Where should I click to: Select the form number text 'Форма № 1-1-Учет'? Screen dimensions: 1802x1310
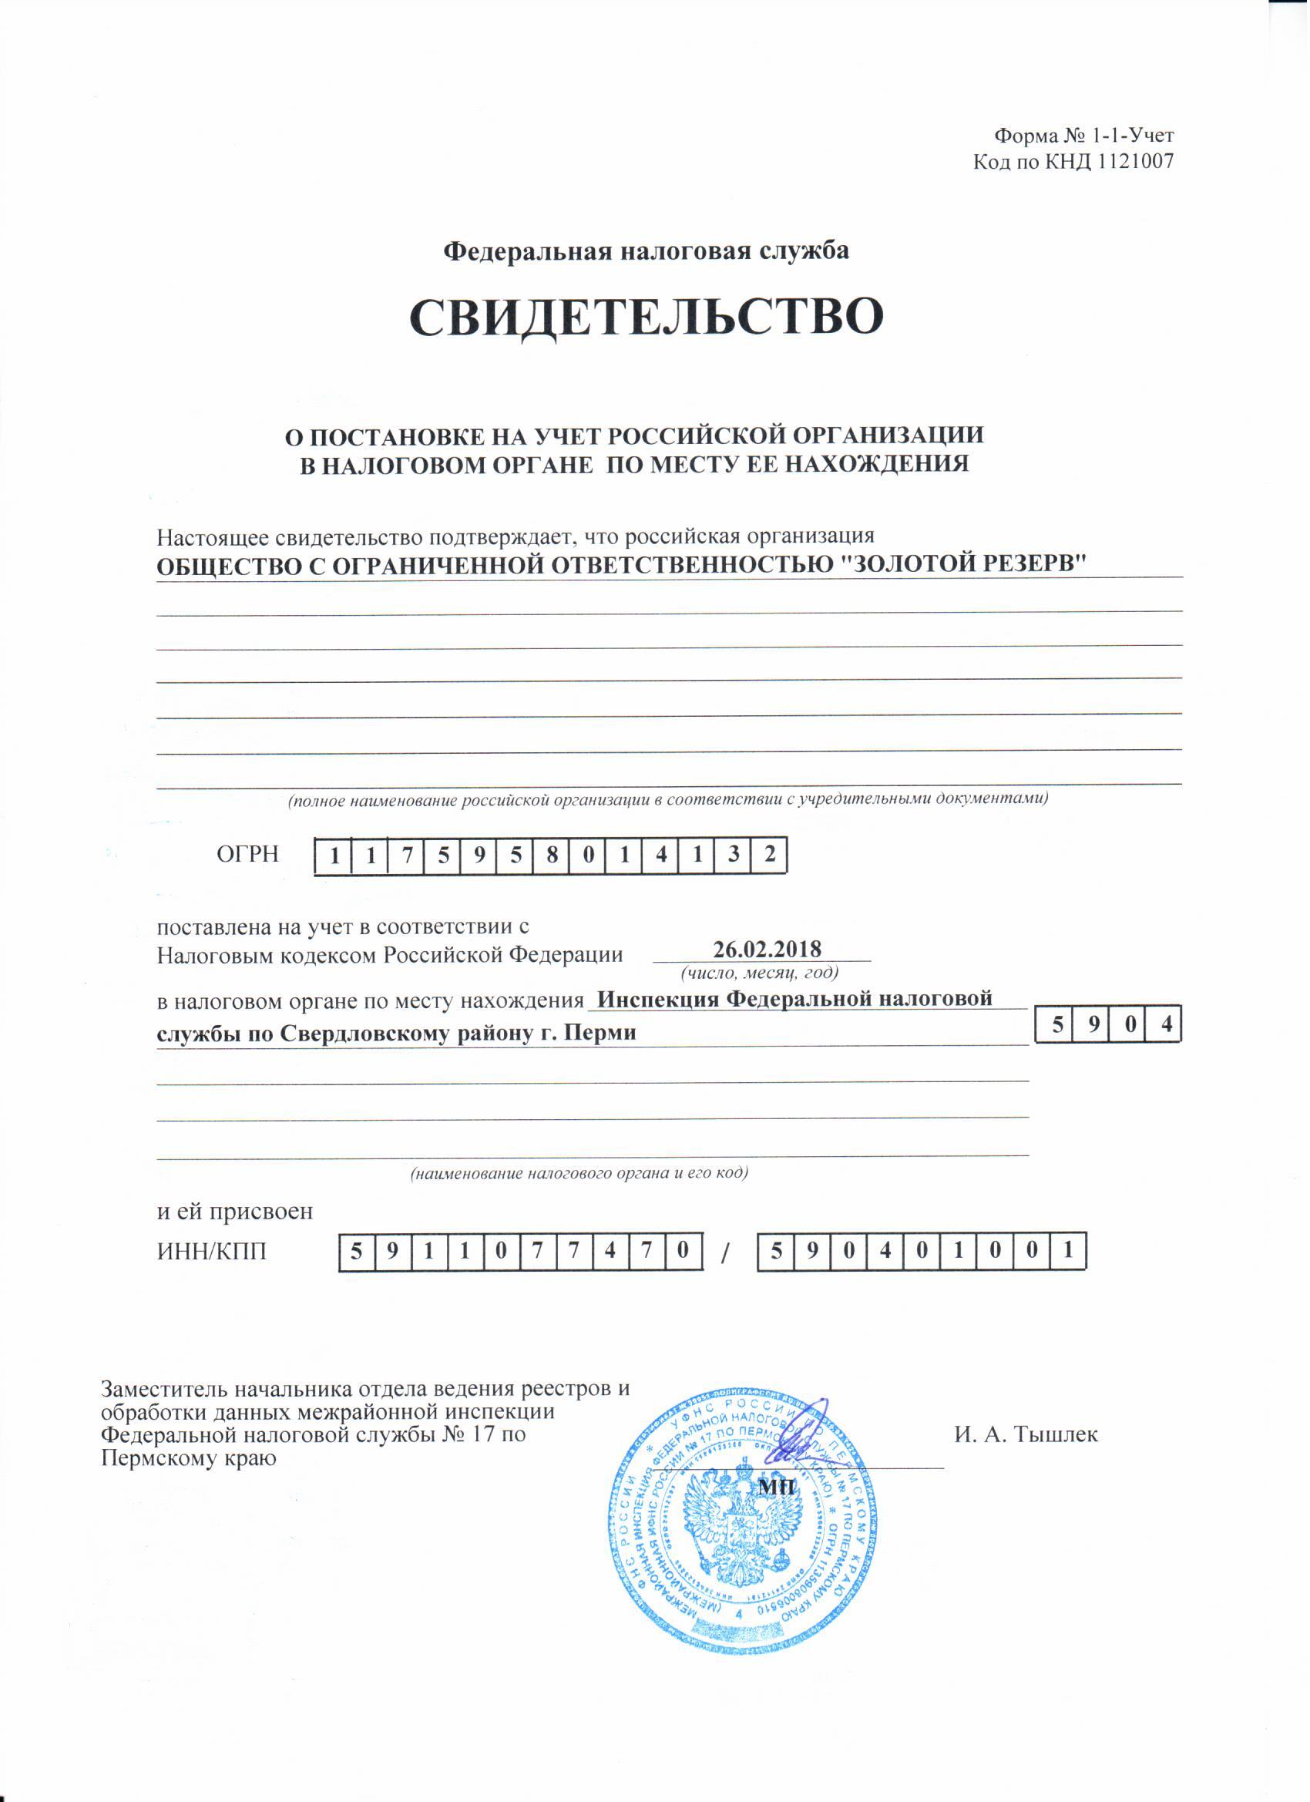click(x=1084, y=136)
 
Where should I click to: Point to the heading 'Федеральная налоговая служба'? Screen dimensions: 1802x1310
click(x=646, y=251)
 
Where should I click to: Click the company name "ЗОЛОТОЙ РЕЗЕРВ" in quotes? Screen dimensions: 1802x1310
click(x=962, y=565)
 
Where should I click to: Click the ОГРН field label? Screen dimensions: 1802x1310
click(x=248, y=855)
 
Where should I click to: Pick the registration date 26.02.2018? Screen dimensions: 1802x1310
click(x=767, y=950)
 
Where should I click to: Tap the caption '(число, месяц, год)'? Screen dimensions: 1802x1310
click(x=761, y=973)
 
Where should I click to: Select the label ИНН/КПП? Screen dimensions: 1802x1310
click(x=212, y=1252)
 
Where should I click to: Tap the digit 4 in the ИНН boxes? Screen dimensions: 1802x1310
click(x=610, y=1252)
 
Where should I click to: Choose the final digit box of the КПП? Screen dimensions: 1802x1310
click(x=1070, y=1252)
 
